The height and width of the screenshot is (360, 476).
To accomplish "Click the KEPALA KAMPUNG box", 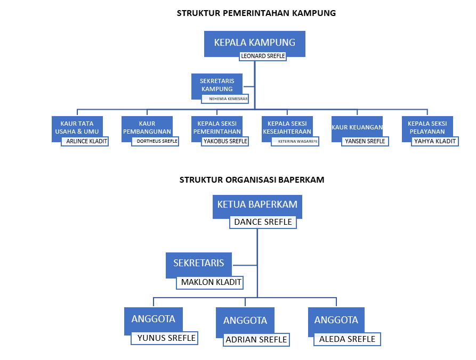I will click(x=254, y=43).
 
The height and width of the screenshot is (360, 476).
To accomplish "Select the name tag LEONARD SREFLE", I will click(x=263, y=56).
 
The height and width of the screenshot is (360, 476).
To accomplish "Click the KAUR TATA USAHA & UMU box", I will click(x=77, y=127).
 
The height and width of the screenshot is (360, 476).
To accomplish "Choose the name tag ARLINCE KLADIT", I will click(x=85, y=141).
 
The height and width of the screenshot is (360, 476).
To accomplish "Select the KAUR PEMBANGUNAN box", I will click(x=147, y=127).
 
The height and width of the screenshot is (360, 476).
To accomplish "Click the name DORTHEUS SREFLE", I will click(x=156, y=141).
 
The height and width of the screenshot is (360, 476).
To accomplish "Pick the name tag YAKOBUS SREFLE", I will click(x=225, y=141).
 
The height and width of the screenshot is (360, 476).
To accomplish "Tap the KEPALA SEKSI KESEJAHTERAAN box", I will click(x=287, y=127).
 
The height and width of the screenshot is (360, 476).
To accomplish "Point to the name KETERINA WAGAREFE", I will click(x=295, y=141).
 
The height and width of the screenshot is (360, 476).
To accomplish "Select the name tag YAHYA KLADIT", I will click(x=435, y=141).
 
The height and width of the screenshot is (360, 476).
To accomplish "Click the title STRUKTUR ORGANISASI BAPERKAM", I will click(x=252, y=180).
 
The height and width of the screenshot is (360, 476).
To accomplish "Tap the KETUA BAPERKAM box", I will click(x=257, y=205).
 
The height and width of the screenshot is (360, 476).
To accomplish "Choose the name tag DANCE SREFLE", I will click(x=263, y=222).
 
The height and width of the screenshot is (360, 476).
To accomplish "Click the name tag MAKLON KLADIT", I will click(x=211, y=282).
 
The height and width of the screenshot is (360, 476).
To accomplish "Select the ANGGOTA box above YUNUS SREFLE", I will click(x=154, y=319).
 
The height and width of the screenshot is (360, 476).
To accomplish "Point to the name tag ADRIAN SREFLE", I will click(x=256, y=340).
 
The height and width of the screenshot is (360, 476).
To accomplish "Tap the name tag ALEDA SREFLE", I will click(x=347, y=339).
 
